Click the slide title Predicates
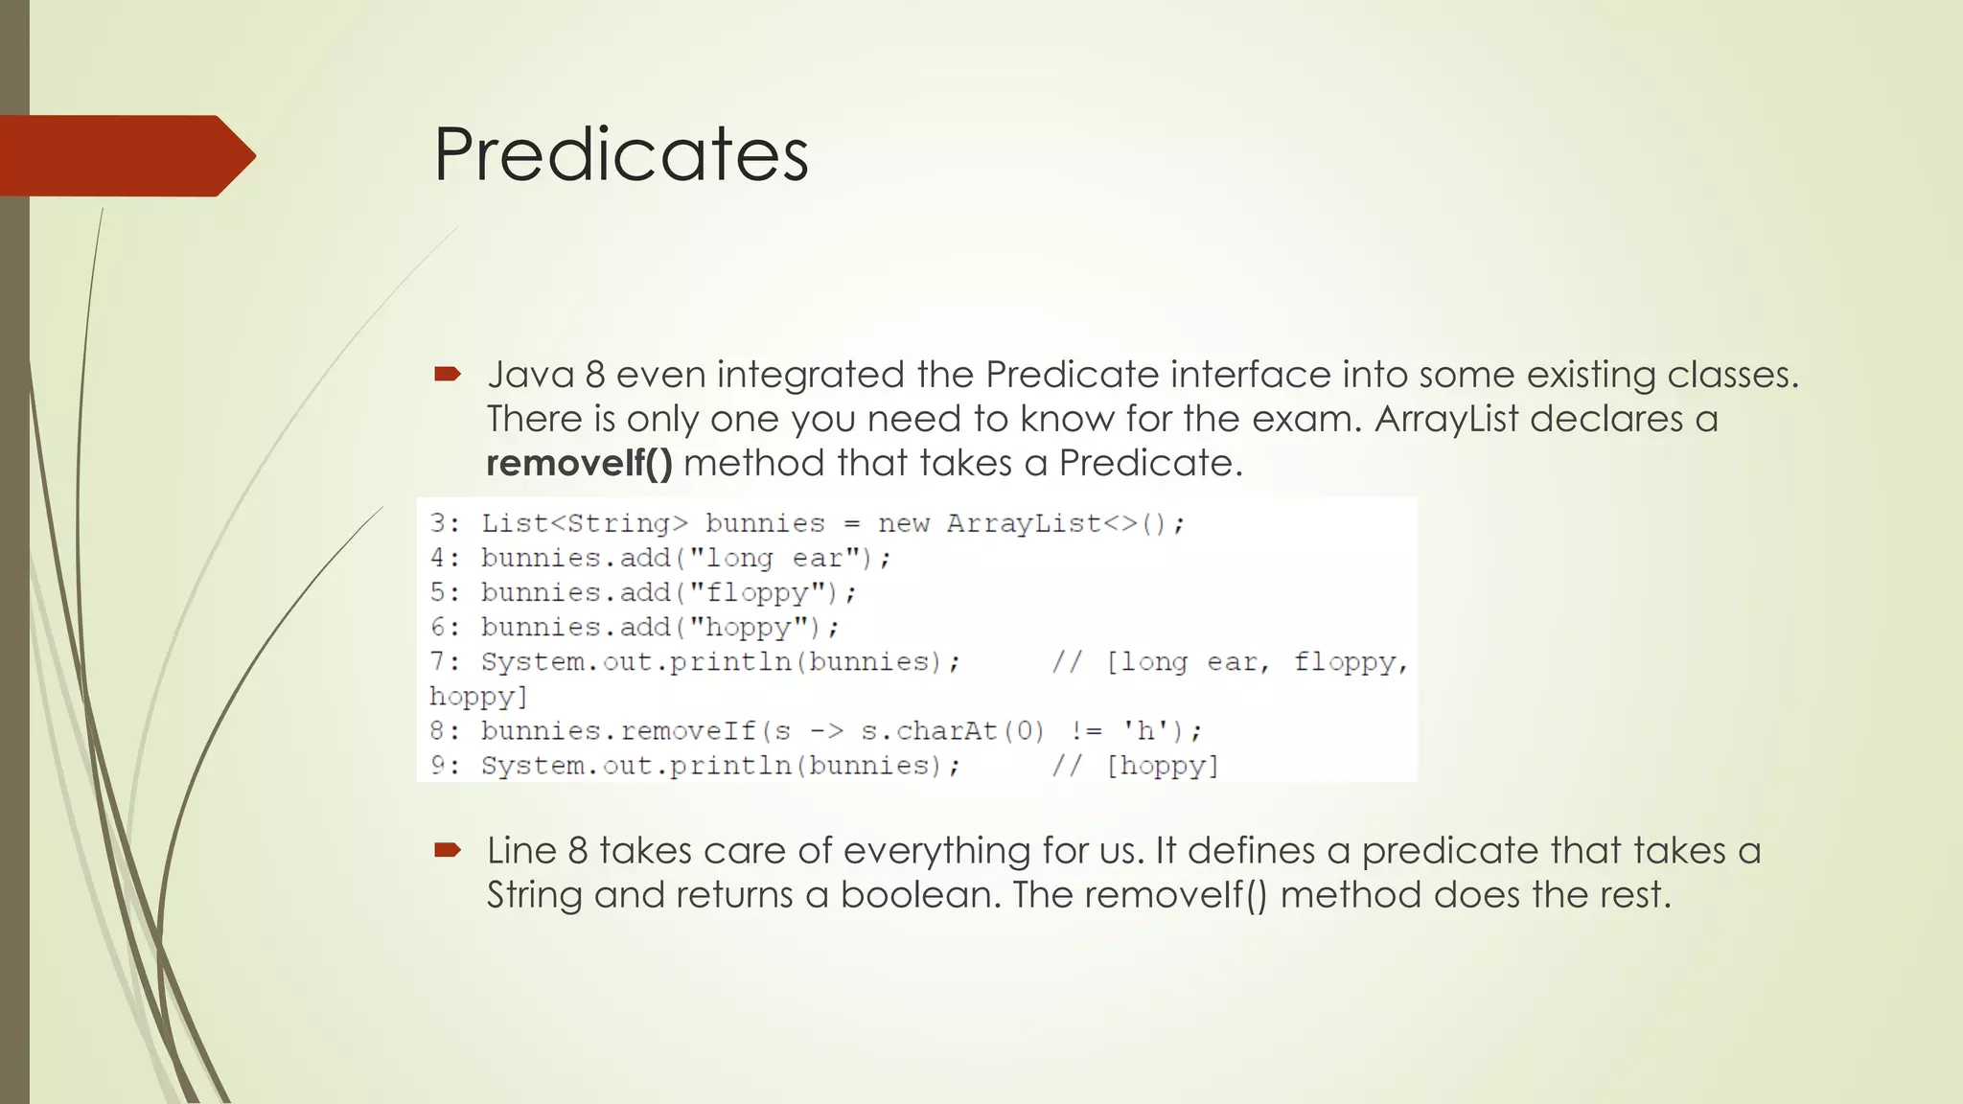(x=621, y=154)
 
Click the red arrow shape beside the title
(x=125, y=155)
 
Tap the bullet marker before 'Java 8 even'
(x=448, y=374)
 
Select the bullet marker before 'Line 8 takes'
(x=448, y=849)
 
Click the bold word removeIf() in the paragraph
(x=579, y=464)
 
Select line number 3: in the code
(x=446, y=523)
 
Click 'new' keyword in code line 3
(x=904, y=523)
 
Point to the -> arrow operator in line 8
(x=826, y=731)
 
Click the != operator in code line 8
(x=1086, y=731)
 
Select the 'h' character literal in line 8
(x=1145, y=731)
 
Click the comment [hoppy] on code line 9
(x=1162, y=766)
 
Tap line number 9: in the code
(x=446, y=766)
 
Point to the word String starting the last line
(x=534, y=895)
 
